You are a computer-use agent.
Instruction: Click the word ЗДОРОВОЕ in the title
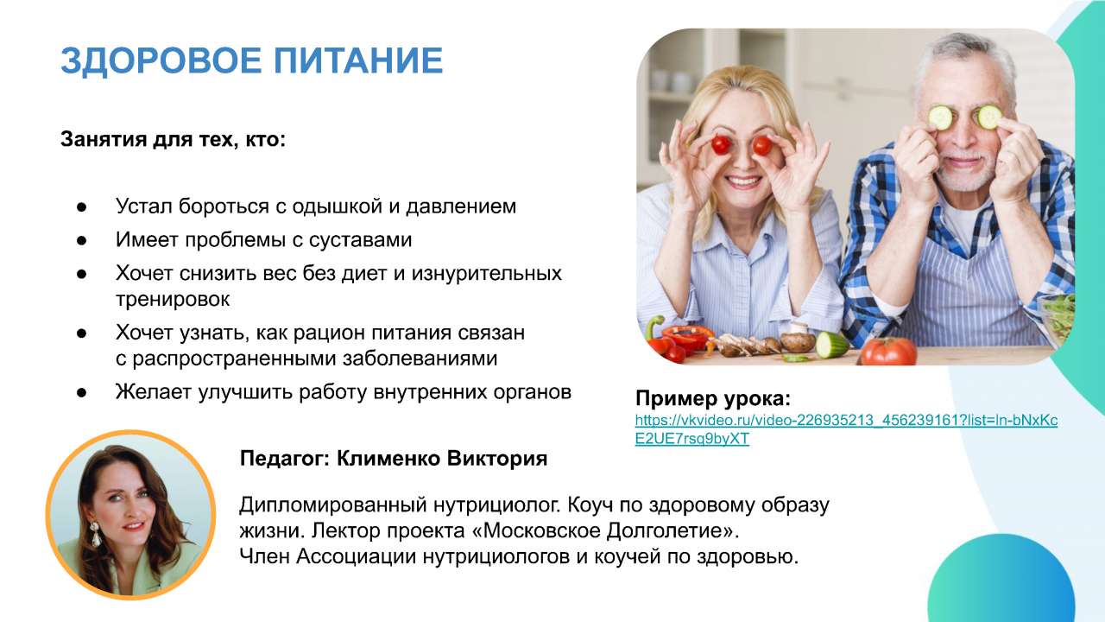tap(161, 61)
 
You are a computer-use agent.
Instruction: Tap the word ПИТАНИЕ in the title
tap(358, 60)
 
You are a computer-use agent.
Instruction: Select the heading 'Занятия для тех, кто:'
tap(174, 140)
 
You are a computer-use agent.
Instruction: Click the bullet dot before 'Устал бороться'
tap(81, 207)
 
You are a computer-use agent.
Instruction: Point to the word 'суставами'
tap(361, 240)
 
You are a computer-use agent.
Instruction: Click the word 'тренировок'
tap(173, 299)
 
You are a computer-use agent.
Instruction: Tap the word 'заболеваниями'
tap(420, 359)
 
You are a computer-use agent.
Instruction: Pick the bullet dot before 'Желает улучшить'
tap(81, 393)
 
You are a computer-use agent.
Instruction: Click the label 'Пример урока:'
tap(713, 398)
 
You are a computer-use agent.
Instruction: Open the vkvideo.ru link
tap(846, 429)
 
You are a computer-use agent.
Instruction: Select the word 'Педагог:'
tap(285, 459)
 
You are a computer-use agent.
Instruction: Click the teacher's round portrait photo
tap(130, 515)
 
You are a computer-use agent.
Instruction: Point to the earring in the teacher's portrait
tap(95, 534)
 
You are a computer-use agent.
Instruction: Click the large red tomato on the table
tap(888, 351)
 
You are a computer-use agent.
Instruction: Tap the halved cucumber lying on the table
tap(831, 345)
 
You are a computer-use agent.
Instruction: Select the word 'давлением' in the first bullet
tap(461, 206)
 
